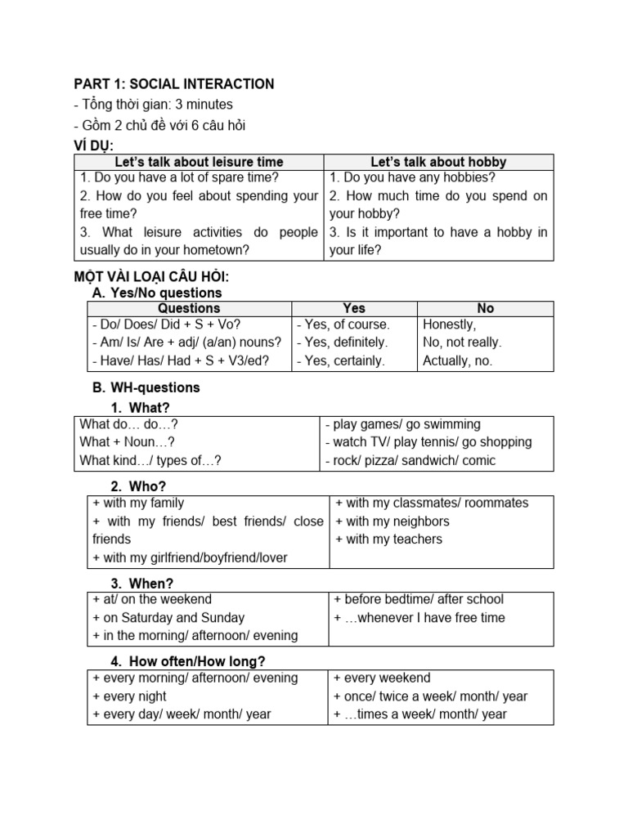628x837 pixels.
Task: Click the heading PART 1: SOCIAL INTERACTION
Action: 174,84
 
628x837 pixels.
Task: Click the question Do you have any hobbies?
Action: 412,177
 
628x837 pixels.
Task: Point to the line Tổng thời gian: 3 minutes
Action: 153,105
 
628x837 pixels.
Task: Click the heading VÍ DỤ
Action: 94,145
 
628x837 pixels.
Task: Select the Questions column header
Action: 189,308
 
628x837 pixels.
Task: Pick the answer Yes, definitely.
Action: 343,342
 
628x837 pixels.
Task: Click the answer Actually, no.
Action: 458,360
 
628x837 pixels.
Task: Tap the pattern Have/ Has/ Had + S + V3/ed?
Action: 181,360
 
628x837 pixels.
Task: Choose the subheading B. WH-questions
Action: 146,387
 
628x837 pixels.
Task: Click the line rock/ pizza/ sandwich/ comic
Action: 410,460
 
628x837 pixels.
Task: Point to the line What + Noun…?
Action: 127,442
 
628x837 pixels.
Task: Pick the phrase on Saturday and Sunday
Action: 168,618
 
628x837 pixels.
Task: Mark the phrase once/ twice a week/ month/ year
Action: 430,696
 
